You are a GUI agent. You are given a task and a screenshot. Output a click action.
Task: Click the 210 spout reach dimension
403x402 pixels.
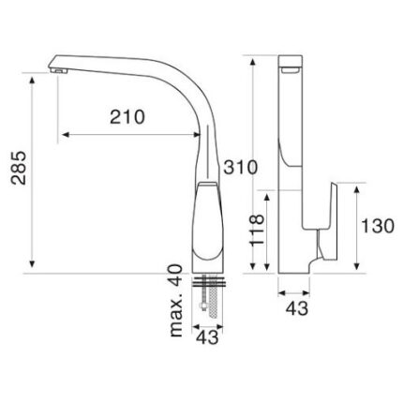pos(127,117)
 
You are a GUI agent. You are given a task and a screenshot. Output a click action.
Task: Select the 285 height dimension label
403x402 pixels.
pos(19,168)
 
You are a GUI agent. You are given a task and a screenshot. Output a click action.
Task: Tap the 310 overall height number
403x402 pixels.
pos(240,167)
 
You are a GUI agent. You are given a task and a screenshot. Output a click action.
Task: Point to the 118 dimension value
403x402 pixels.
pos(257,230)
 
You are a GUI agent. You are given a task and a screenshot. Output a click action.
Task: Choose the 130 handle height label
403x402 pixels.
pos(378,226)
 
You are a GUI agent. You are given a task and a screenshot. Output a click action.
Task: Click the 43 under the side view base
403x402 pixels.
pos(297,308)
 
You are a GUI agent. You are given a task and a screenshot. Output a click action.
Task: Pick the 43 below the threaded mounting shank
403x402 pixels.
pos(208,337)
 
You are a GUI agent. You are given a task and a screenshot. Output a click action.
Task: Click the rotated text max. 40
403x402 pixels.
pos(176,301)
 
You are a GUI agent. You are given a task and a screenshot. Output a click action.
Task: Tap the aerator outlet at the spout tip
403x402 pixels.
pos(59,71)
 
